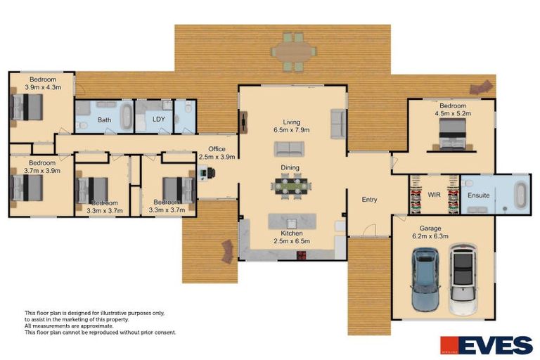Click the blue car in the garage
pyautogui.click(x=425, y=279)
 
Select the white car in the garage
pyautogui.click(x=463, y=279)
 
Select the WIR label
pyautogui.click(x=434, y=193)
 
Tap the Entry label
pyautogui.click(x=369, y=200)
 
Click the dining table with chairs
pyautogui.click(x=291, y=187)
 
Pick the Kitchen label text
pyautogui.click(x=291, y=233)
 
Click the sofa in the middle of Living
pyautogui.click(x=290, y=148)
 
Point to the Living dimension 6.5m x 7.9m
pyautogui.click(x=291, y=130)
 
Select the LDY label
pyautogui.click(x=159, y=120)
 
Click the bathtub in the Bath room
pyautogui.click(x=127, y=117)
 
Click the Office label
pyautogui.click(x=217, y=148)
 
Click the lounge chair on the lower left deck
pyautogui.click(x=227, y=250)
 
